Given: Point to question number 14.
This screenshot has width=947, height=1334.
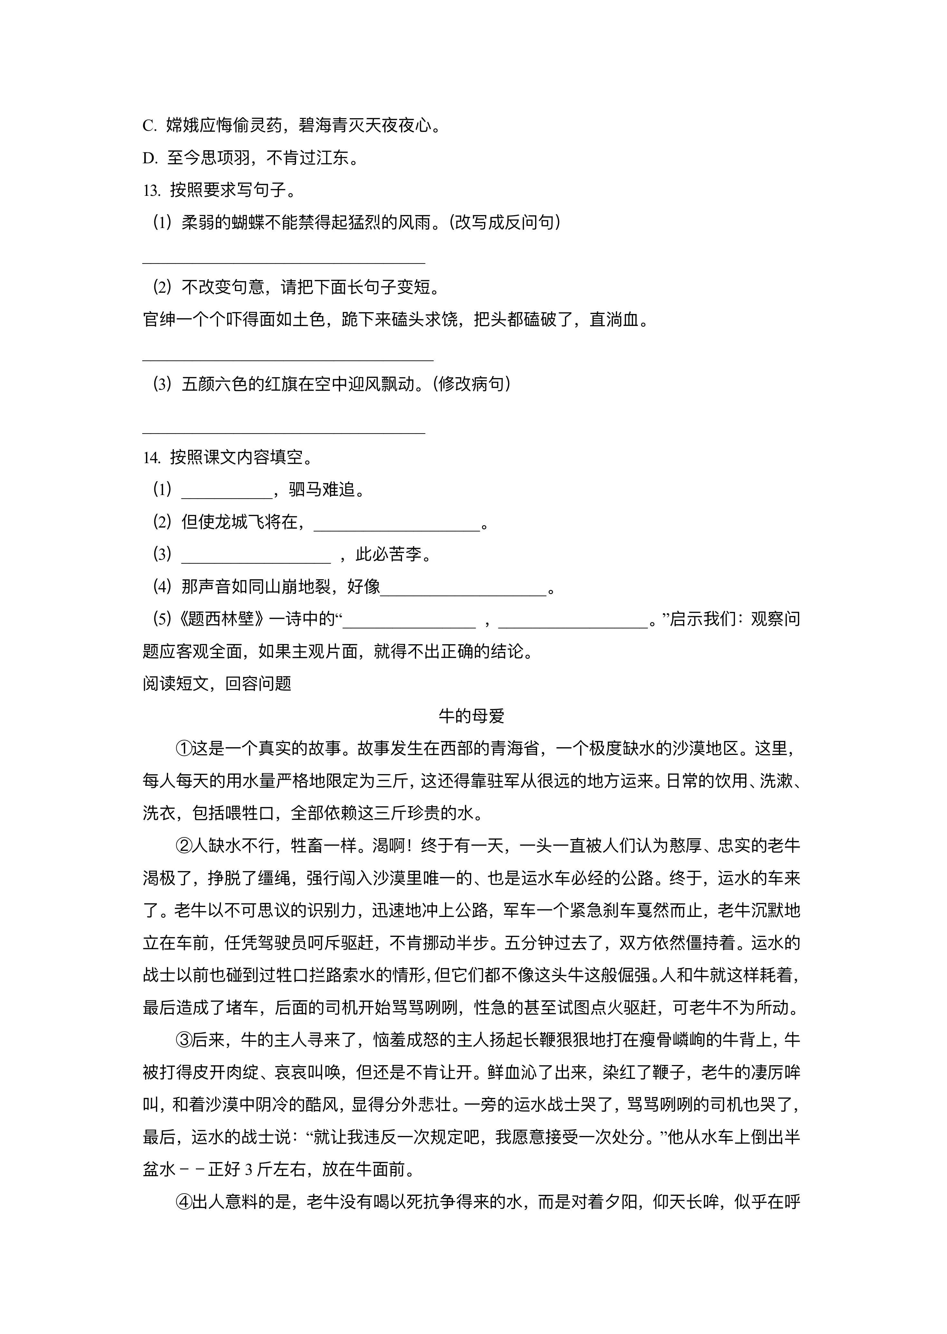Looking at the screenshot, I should [x=152, y=458].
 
